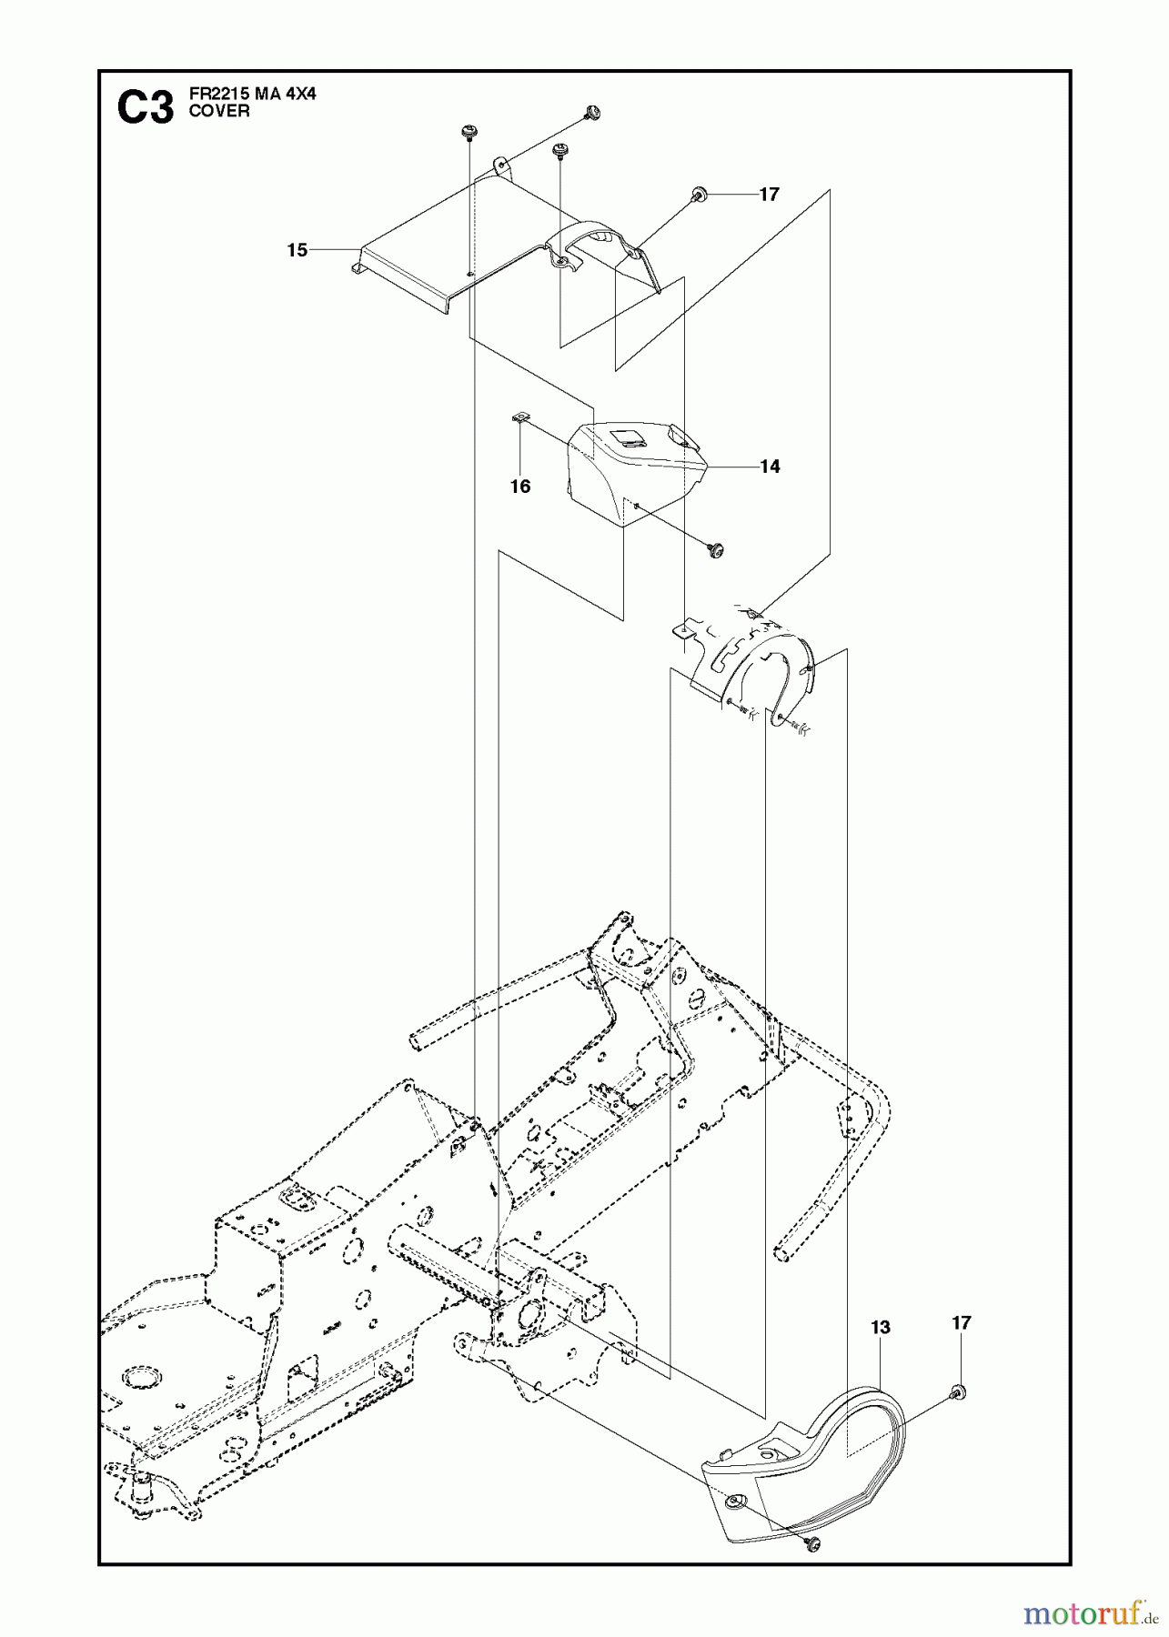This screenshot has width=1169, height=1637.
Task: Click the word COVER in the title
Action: click(219, 111)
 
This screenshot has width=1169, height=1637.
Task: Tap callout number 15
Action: click(297, 249)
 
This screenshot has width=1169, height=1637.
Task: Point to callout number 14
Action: click(770, 467)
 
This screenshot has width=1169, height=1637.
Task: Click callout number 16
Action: click(519, 487)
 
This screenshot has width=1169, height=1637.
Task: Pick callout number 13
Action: click(880, 1328)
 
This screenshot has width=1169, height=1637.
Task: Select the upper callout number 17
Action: click(769, 194)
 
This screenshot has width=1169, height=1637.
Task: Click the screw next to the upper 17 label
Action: click(700, 193)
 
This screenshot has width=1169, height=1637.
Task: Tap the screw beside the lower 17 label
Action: click(958, 1391)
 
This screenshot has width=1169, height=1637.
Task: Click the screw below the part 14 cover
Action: click(716, 547)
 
